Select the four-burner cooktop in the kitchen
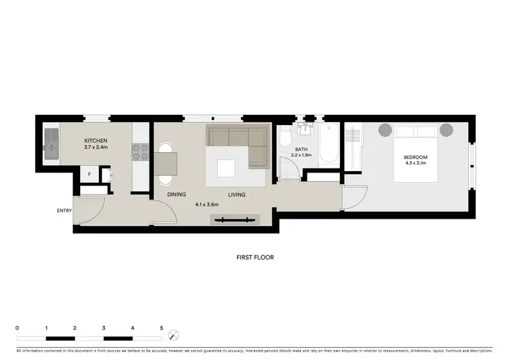[140, 151]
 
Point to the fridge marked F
[89, 175]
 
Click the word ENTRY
[64, 211]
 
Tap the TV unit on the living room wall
[235, 219]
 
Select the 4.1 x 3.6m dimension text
[208, 204]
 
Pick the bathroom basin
[307, 129]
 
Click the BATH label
[302, 149]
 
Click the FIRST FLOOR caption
[254, 258]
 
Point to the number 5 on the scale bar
[162, 328]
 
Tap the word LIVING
[236, 195]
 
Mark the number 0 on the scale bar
[17, 328]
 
